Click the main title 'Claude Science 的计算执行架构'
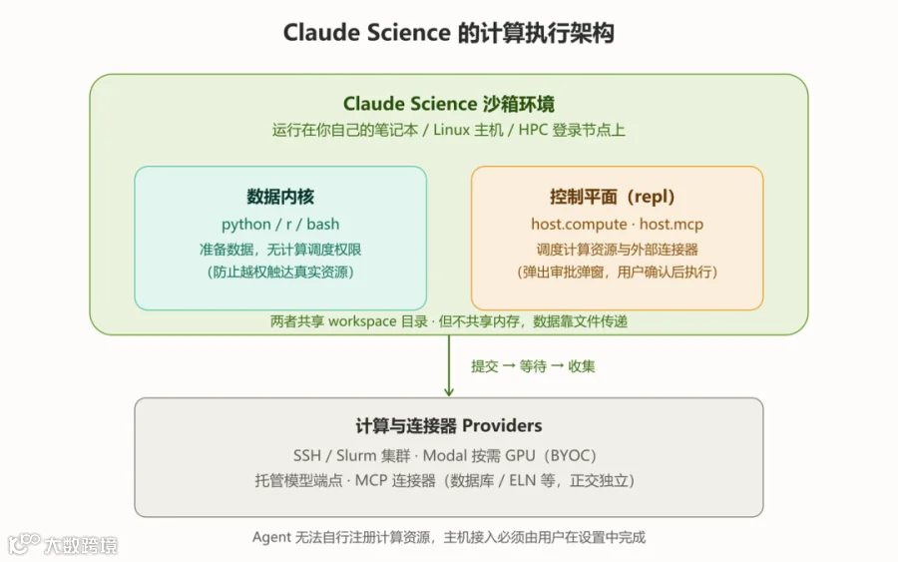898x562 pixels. (x=448, y=33)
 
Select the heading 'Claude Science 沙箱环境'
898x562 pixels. (x=448, y=104)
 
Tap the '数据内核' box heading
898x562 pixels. (x=280, y=197)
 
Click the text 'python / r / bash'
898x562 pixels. (x=280, y=224)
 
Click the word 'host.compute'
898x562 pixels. (x=579, y=224)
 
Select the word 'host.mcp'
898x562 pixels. (x=672, y=224)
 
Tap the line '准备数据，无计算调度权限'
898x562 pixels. (x=280, y=250)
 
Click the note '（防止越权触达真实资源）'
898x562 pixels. (x=280, y=272)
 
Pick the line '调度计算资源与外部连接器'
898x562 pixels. (x=617, y=250)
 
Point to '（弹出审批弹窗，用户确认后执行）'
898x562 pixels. (x=617, y=272)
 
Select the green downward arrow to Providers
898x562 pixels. (x=448, y=365)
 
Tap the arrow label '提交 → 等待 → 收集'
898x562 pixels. (x=533, y=366)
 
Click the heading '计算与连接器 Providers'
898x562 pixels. (x=448, y=425)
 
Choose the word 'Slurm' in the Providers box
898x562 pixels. (x=355, y=455)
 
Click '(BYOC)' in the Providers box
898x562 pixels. (x=570, y=455)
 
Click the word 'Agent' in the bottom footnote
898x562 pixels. (x=271, y=537)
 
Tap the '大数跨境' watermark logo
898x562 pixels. (x=63, y=544)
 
